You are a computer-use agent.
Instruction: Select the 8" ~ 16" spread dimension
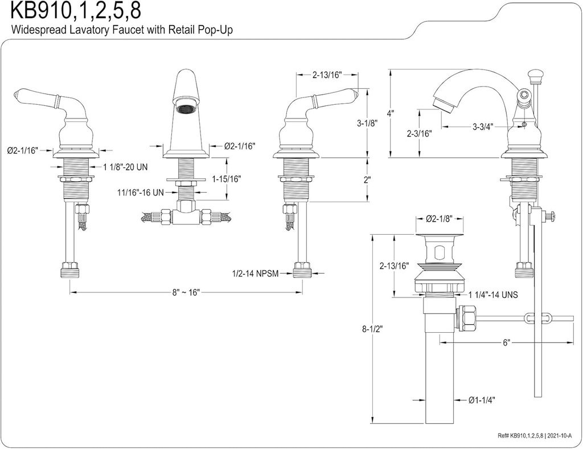pyautogui.click(x=185, y=292)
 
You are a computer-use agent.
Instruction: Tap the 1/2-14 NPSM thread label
pyautogui.click(x=256, y=274)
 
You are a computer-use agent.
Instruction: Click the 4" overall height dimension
pyautogui.click(x=390, y=113)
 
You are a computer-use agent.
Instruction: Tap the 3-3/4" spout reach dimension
pyautogui.click(x=482, y=127)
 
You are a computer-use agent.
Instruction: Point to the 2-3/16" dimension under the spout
pyautogui.click(x=420, y=133)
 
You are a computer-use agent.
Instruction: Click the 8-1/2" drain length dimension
pyautogui.click(x=372, y=329)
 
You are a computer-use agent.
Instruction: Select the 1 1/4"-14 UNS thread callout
pyautogui.click(x=493, y=295)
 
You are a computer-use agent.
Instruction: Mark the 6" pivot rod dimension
pyautogui.click(x=506, y=342)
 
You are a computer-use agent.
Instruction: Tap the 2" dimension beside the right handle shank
pyautogui.click(x=367, y=179)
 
